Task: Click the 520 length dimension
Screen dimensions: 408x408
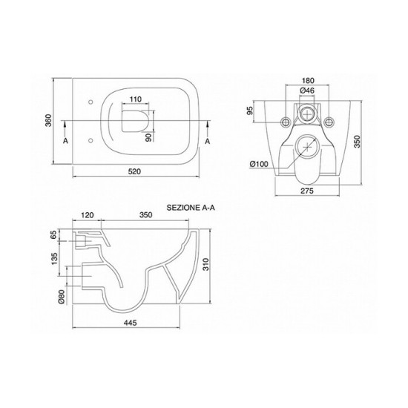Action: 135,171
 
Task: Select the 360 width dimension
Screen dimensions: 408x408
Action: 49,120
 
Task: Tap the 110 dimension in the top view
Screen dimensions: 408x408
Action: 136,99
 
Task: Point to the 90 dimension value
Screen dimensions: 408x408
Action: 148,137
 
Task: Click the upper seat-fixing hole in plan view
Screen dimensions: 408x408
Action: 91,102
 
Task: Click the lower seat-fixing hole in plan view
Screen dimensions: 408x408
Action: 91,140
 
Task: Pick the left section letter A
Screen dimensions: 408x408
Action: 65,141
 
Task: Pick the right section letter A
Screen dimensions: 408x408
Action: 208,141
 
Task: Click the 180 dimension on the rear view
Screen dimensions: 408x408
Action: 308,81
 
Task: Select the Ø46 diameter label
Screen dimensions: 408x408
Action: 307,91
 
